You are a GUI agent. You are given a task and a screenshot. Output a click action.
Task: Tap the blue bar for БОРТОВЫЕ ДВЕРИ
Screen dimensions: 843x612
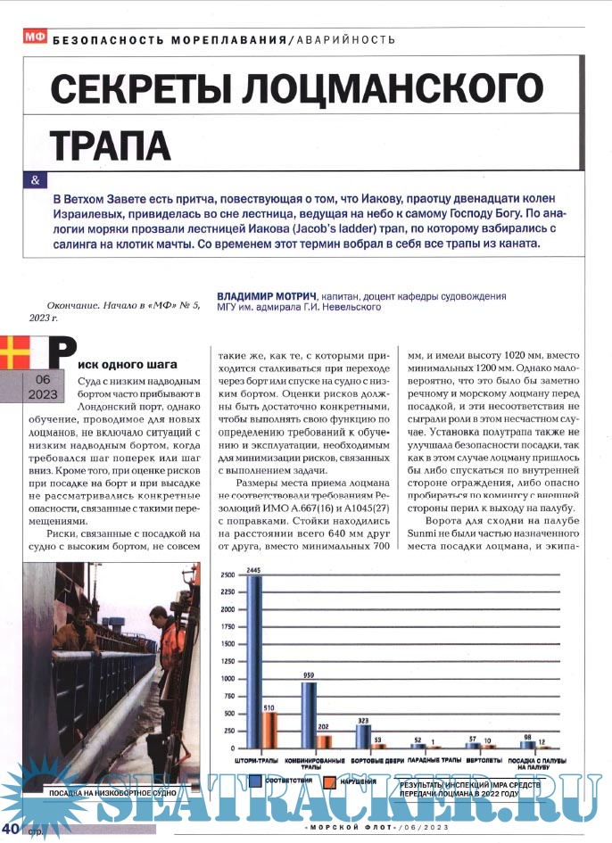362,737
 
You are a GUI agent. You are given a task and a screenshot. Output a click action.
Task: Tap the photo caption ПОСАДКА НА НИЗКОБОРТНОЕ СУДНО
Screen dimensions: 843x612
111,791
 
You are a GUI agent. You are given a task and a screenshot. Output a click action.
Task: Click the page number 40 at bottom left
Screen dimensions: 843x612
12,831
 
